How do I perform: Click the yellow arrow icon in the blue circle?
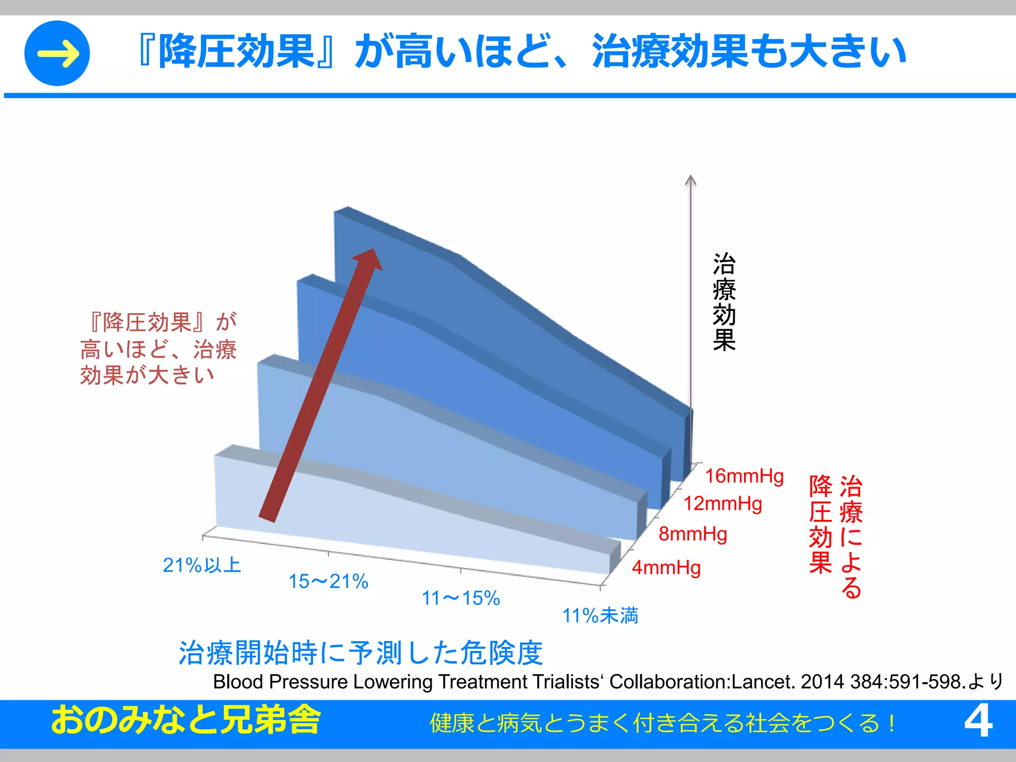58,53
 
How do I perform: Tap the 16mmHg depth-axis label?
744,476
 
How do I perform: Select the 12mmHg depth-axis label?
723,504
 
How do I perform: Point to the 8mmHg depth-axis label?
693,534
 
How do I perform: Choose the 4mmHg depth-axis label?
666,568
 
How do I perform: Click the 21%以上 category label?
201,566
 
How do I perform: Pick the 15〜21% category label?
328,581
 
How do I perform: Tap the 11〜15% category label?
461,598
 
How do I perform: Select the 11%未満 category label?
600,616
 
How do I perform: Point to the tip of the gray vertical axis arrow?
691,178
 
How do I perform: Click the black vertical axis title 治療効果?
724,302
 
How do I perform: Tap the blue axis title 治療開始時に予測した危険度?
361,653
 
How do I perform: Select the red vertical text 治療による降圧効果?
836,536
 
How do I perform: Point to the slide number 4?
978,722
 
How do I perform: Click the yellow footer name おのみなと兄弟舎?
186,720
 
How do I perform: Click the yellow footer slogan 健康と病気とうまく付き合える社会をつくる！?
663,723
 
